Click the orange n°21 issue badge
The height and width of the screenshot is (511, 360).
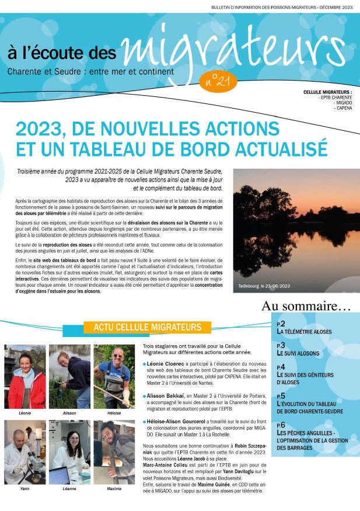[218, 81]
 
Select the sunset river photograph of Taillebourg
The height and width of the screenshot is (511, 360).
[296, 230]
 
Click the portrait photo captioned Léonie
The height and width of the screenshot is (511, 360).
[25, 377]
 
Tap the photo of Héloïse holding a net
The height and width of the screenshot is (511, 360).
[114, 377]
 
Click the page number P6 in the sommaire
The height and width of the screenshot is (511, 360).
[281, 425]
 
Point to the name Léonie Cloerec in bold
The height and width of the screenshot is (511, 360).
[170, 364]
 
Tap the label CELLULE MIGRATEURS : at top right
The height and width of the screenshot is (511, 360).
[327, 92]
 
